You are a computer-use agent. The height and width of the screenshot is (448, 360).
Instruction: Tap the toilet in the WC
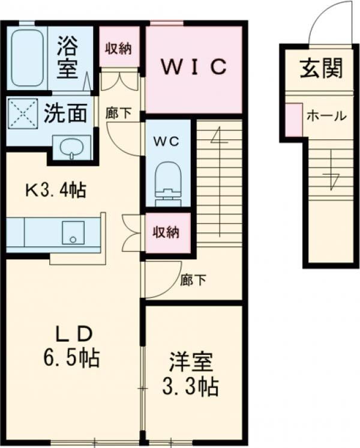[x=168, y=183]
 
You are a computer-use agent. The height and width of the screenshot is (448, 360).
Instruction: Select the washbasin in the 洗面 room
[x=72, y=147]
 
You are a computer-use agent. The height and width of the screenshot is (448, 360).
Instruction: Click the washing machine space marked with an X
[x=22, y=114]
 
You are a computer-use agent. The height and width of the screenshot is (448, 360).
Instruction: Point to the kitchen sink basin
[x=73, y=232]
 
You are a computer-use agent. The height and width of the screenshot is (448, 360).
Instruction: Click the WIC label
[x=194, y=67]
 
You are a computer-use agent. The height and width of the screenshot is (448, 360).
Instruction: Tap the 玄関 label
[x=321, y=68]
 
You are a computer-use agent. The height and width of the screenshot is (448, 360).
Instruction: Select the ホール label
[x=326, y=116]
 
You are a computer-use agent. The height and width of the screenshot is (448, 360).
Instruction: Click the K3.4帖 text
[x=56, y=190]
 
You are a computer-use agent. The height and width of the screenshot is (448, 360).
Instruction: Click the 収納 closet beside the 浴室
[x=119, y=46]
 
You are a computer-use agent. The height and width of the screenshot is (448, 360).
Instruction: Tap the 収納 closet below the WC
[x=167, y=232]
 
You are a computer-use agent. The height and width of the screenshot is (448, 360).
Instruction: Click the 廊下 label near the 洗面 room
[x=118, y=113]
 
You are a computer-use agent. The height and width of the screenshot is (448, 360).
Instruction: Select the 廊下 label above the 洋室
[x=193, y=280]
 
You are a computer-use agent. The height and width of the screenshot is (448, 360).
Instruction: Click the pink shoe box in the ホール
[x=294, y=120]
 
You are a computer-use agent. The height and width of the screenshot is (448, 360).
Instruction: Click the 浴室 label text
[x=67, y=57]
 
